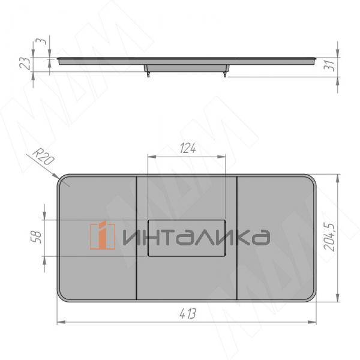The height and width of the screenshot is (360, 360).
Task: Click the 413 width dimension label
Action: pyautogui.click(x=188, y=314)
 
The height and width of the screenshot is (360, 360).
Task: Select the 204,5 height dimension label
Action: pyautogui.click(x=329, y=236)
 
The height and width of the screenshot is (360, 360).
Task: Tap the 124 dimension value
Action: pyautogui.click(x=188, y=148)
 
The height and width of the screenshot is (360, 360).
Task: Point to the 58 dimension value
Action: pyautogui.click(x=36, y=238)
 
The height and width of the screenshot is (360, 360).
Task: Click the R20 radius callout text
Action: pyautogui.click(x=44, y=157)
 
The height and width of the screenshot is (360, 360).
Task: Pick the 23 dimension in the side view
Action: pyautogui.click(x=25, y=64)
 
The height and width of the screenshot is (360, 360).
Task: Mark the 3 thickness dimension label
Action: pyautogui.click(x=41, y=41)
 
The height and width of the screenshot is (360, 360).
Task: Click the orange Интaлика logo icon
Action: pyautogui.click(x=103, y=236)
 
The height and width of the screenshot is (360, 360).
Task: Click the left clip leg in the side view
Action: pyautogui.click(x=149, y=74)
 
